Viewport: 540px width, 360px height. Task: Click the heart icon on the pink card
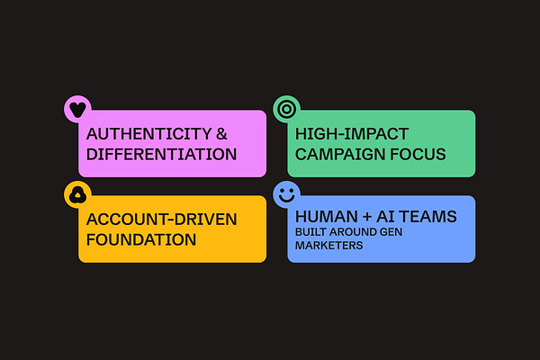click(78, 109)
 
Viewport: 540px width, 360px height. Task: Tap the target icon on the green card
click(287, 109)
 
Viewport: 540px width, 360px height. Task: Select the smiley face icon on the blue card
click(287, 193)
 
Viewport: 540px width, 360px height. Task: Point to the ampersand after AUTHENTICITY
click(222, 133)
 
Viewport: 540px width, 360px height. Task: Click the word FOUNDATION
click(141, 239)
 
